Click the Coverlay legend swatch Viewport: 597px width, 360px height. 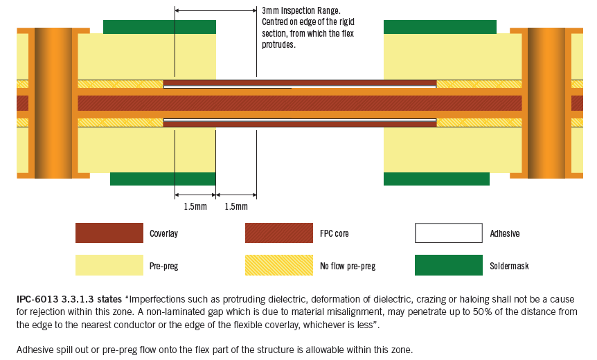(109, 233)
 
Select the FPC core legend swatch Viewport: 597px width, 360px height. (278, 233)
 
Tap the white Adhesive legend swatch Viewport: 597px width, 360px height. (448, 233)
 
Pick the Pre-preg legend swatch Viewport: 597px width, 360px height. (109, 265)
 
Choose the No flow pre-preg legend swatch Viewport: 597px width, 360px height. (278, 265)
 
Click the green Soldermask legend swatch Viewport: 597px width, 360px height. (448, 265)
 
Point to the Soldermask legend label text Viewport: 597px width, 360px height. (509, 266)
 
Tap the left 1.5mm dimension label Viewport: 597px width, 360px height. (195, 207)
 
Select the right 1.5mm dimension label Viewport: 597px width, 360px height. (236, 207)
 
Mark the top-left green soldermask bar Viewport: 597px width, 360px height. (159, 27)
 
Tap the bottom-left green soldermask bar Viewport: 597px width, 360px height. (163, 179)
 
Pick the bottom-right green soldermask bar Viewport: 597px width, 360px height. (436, 179)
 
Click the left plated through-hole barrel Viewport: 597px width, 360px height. (53, 102)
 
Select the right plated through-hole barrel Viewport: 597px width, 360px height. (546, 102)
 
